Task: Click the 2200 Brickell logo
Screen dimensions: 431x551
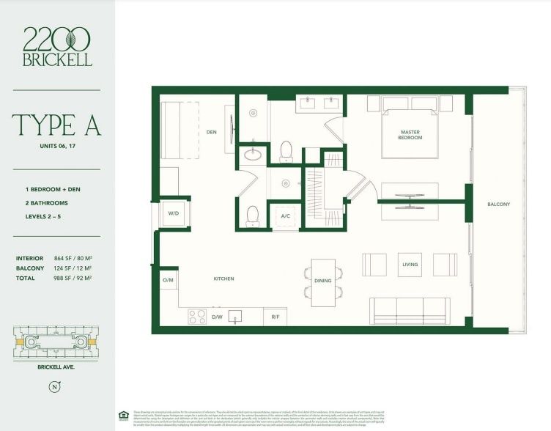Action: [x=57, y=46]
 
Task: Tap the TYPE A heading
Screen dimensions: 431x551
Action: [x=56, y=125]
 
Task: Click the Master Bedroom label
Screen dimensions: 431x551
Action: [x=410, y=135]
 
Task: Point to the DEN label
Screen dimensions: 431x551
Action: [x=212, y=132]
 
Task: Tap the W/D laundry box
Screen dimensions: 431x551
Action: [x=174, y=214]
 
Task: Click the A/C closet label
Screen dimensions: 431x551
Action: [x=286, y=216]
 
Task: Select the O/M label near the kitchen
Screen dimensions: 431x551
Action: [x=168, y=281]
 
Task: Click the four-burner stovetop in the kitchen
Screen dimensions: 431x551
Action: [x=198, y=316]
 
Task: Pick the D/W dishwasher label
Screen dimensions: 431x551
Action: [x=217, y=317]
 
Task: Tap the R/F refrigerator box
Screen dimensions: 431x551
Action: [x=275, y=317]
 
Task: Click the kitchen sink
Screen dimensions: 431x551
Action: [x=235, y=315]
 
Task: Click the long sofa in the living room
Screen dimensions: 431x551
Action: [x=410, y=311]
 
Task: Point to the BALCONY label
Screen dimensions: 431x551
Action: [x=498, y=204]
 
